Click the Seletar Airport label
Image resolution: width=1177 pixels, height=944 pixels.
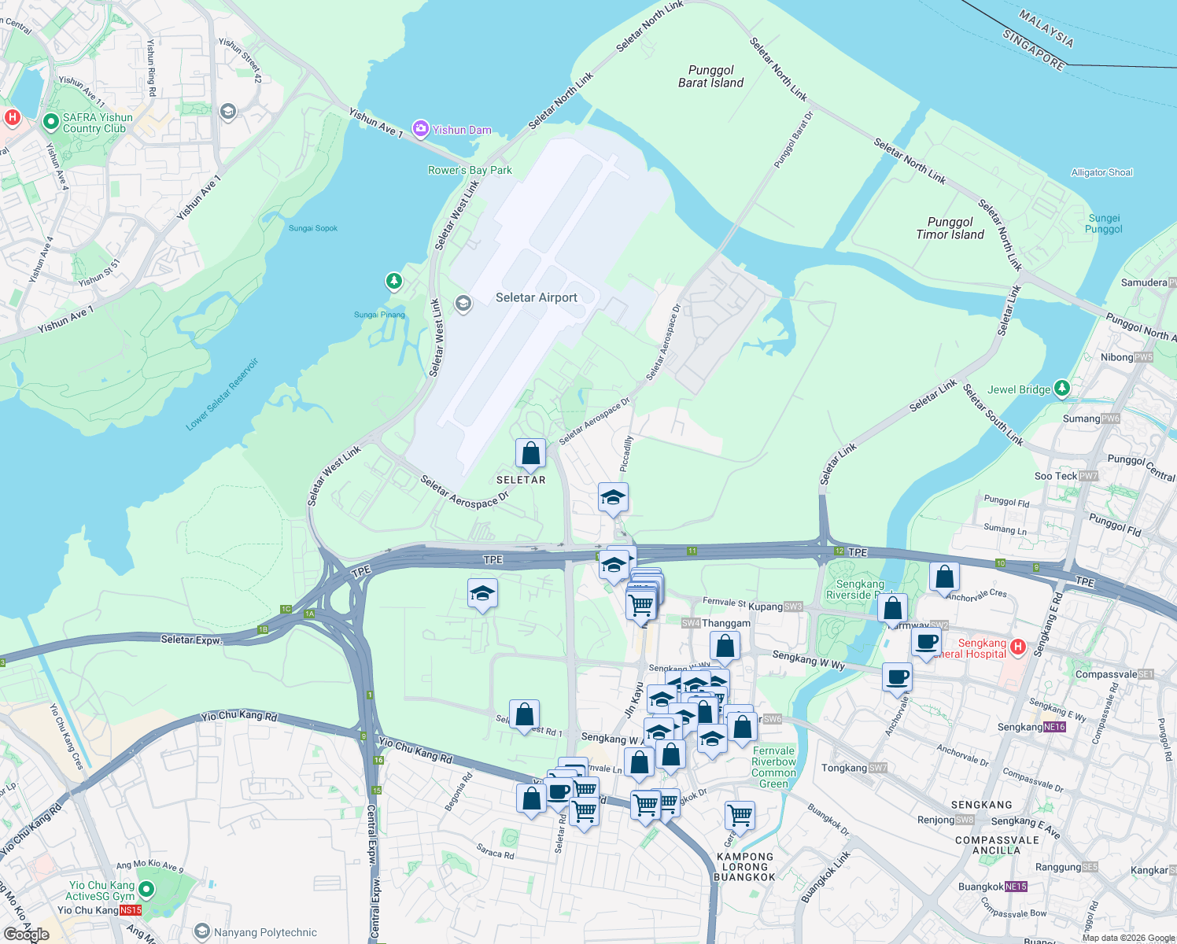coord(536,297)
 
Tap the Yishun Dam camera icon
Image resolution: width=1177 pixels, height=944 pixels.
coord(421,129)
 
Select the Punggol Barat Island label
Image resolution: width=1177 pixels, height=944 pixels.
coord(710,76)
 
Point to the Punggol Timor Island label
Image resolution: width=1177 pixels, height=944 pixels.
coord(950,228)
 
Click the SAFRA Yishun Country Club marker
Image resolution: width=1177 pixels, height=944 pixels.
coord(51,121)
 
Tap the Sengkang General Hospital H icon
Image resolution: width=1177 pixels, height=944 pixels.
coord(1017,647)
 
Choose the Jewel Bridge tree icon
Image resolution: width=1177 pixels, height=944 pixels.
coord(1062,388)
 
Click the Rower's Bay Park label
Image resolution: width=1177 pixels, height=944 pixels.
coord(470,170)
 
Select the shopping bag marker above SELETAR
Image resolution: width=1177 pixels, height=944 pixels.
coord(530,454)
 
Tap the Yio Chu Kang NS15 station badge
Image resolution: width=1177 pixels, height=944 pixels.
coord(131,910)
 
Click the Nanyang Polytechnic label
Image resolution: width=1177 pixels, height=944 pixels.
coord(265,932)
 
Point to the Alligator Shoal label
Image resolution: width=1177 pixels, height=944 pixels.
coord(1101,172)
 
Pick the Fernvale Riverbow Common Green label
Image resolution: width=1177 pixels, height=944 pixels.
coord(773,767)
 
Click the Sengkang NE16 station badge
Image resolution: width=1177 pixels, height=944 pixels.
coord(1054,727)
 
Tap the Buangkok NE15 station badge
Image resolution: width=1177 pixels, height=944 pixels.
coord(1016,887)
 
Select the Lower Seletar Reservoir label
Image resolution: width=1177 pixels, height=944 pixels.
coord(222,395)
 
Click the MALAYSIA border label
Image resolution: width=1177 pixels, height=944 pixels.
coord(1046,28)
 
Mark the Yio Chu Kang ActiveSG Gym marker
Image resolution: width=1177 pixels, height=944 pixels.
coord(146,890)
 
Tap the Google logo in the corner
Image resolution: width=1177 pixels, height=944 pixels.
coord(27,934)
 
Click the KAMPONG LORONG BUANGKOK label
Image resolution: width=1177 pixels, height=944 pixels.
coord(744,867)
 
